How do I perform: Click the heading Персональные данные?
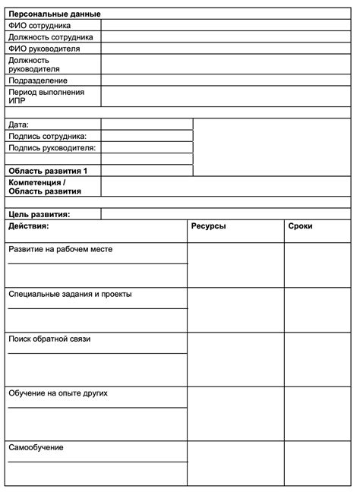[x=55, y=14]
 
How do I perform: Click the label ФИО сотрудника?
[x=39, y=25]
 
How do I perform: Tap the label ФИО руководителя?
[x=44, y=49]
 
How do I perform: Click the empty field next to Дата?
[x=147, y=124]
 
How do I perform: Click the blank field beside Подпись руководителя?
[x=147, y=147]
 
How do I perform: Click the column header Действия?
[x=29, y=226]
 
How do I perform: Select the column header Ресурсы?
[x=208, y=226]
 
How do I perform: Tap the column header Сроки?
[x=300, y=226]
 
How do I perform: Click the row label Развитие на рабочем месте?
[x=61, y=249]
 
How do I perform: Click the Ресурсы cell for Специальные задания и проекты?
[x=235, y=310]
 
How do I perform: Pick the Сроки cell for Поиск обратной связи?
[x=317, y=359]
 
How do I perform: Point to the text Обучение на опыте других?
[x=58, y=393]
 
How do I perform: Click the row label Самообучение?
[x=36, y=447]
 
